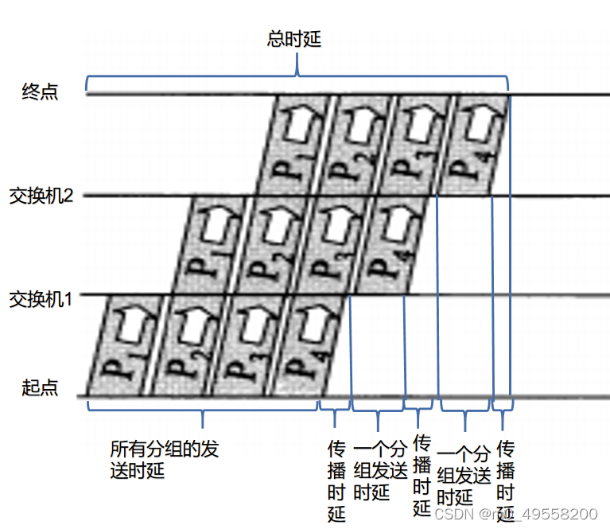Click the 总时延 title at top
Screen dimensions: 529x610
point(294,39)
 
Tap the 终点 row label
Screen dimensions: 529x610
point(40,92)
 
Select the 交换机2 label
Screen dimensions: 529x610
point(41,196)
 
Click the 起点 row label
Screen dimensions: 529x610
point(40,389)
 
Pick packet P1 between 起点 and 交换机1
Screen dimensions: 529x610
point(120,346)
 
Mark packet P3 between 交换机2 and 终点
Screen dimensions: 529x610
point(415,145)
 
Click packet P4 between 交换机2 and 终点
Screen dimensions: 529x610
point(472,145)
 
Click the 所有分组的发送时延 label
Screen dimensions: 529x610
point(164,460)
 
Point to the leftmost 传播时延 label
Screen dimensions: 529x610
point(336,480)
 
